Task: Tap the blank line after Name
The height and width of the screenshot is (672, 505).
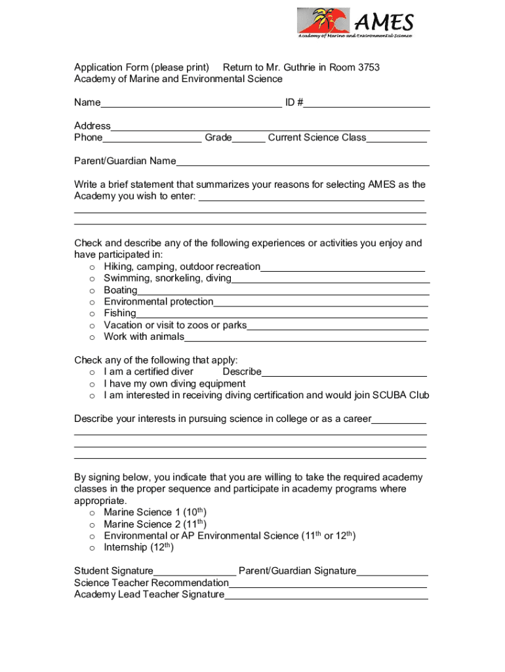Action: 190,103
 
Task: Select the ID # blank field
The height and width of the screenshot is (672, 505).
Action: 367,103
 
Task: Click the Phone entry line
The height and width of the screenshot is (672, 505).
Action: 152,138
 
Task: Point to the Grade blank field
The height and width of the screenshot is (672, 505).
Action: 249,138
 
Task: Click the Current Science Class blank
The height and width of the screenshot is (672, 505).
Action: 397,138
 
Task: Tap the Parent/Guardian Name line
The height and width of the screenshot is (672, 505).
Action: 302,162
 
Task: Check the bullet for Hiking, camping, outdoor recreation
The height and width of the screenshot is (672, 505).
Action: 92,267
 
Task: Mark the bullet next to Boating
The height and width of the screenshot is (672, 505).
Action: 92,291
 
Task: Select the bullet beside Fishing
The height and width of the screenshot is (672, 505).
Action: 92,314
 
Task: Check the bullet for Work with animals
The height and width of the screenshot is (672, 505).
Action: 92,337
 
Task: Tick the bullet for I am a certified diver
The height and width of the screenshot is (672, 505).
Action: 92,372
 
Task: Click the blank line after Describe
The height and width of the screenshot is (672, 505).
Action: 344,373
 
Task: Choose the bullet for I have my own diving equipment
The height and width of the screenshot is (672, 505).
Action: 92,384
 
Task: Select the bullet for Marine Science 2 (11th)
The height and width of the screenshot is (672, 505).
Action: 92,524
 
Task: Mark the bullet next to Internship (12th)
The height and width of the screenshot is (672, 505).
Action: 92,548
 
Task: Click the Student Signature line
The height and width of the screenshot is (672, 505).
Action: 195,572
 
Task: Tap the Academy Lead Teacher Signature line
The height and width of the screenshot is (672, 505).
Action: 326,595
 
